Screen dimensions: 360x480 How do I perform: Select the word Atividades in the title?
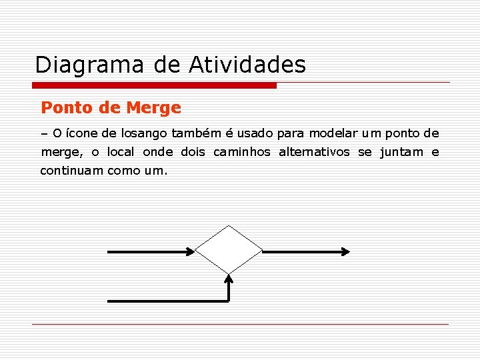(247, 65)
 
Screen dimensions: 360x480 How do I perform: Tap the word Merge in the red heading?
(153, 107)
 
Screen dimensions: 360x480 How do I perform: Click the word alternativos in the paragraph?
(314, 152)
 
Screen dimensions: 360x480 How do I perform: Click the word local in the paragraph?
(120, 152)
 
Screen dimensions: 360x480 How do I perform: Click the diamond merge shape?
(229, 250)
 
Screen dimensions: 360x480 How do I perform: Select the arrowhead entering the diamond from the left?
(191, 251)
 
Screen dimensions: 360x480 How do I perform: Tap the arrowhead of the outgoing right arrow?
(345, 251)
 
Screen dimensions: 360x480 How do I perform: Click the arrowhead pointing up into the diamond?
(229, 278)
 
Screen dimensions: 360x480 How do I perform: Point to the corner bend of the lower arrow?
(228, 300)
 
